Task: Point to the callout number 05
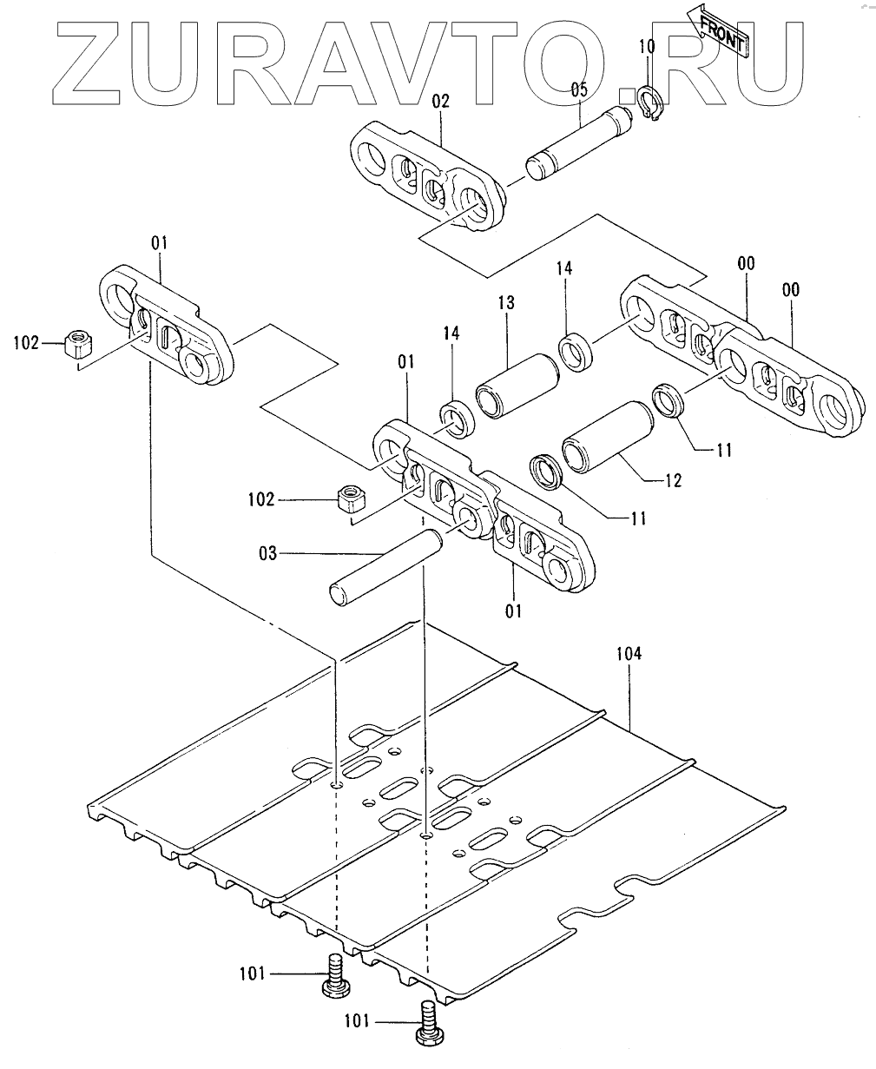point(579,89)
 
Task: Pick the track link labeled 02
point(427,175)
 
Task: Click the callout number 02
point(440,102)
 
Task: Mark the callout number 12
point(672,479)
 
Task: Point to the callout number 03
point(267,552)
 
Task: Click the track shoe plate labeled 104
point(434,808)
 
